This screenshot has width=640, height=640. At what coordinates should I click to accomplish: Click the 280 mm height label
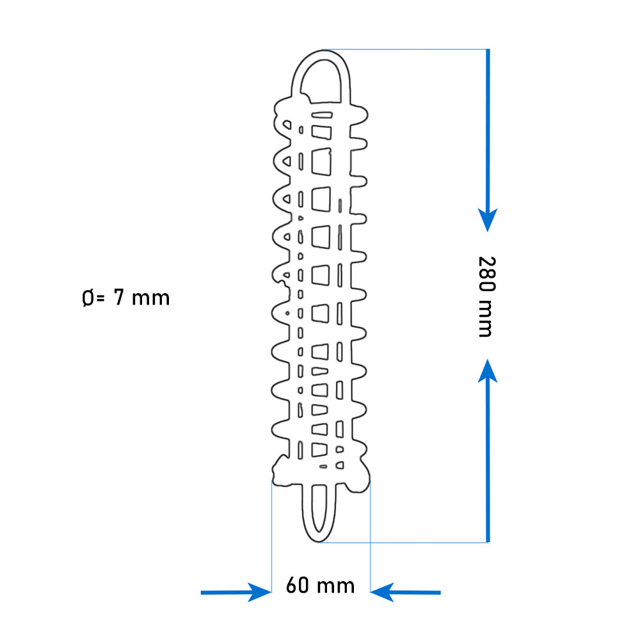(486, 297)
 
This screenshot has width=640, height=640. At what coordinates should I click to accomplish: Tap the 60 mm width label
(321, 586)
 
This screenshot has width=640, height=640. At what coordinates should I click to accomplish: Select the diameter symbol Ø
(88, 298)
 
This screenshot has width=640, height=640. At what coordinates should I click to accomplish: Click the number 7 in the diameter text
(119, 297)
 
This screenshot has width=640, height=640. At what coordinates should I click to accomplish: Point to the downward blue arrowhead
(488, 220)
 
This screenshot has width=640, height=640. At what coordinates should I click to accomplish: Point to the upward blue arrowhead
(488, 371)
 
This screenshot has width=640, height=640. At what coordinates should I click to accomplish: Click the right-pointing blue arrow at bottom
(236, 592)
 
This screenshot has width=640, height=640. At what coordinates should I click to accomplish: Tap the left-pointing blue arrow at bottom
(405, 592)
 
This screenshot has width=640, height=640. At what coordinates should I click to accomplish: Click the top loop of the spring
(321, 54)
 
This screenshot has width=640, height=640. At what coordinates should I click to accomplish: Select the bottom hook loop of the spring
(319, 537)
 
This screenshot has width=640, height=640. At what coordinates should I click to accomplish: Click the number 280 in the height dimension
(486, 273)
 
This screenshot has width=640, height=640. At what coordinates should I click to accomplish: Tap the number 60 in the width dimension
(297, 586)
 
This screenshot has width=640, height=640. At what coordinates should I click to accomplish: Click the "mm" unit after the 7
(150, 299)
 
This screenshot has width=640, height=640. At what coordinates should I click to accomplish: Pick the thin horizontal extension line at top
(405, 49)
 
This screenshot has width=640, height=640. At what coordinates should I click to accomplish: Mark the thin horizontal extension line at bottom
(403, 543)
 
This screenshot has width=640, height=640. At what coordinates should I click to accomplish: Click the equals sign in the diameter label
(100, 299)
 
